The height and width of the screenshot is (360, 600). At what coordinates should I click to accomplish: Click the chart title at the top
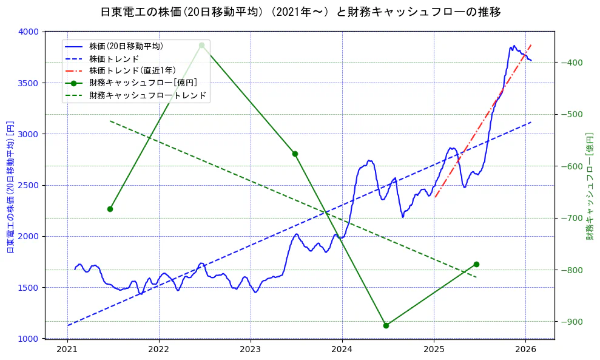click(x=300, y=12)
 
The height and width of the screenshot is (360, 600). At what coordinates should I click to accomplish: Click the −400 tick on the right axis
click(x=572, y=63)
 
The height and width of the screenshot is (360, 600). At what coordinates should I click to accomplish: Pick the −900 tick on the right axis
click(x=572, y=322)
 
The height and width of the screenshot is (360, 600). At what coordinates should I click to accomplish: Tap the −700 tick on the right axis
click(x=572, y=218)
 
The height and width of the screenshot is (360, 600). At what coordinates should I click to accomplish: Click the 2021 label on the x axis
click(x=67, y=349)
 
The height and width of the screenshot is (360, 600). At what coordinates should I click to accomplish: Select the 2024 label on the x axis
click(x=342, y=349)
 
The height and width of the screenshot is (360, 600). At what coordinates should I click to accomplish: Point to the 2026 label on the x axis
click(x=525, y=349)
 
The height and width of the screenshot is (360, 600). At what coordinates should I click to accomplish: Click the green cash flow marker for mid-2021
click(x=110, y=209)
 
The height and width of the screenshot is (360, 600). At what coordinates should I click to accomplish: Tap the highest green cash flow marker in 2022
click(x=201, y=46)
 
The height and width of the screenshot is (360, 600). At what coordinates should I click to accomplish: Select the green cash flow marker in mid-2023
click(x=295, y=154)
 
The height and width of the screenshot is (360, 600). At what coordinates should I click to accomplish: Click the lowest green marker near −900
click(x=386, y=325)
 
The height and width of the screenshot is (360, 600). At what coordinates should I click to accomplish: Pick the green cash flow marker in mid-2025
click(x=476, y=264)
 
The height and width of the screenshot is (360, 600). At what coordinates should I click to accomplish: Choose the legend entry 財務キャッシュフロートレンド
click(x=147, y=95)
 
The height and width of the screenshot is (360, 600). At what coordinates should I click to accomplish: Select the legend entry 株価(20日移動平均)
click(x=126, y=46)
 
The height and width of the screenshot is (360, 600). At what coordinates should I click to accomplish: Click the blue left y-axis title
click(x=10, y=185)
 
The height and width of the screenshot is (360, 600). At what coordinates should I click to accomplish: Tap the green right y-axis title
click(x=590, y=185)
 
